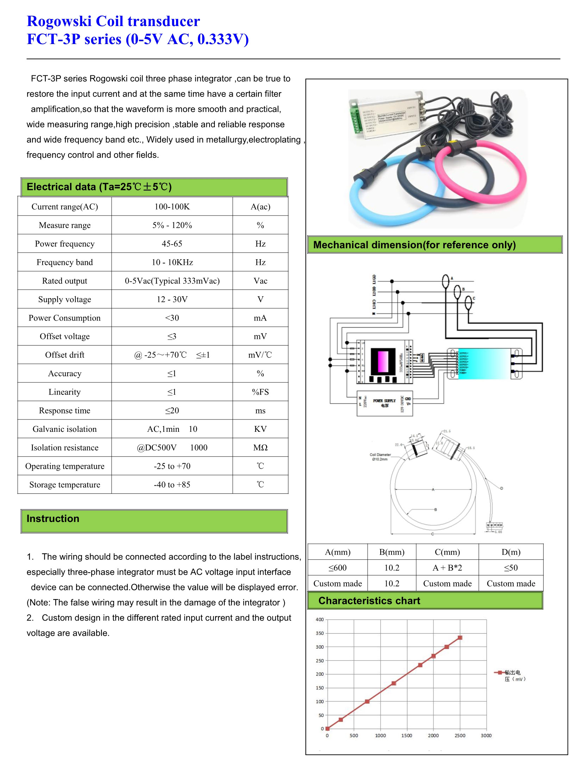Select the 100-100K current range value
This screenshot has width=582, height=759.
pos(172,207)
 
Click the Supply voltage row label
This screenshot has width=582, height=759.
pos(64,299)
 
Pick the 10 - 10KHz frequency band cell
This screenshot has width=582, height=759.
pos(172,262)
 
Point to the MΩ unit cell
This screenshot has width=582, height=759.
pos(260,448)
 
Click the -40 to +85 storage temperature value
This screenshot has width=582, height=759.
pos(172,485)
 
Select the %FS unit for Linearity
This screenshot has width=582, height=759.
pos(260,392)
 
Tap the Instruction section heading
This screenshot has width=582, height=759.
pos(53,519)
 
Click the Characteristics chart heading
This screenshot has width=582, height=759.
pos(369,601)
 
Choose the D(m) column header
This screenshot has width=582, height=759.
pos(511,552)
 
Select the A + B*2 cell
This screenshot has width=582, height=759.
pos(447,568)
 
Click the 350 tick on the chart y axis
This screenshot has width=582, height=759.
pos(319,633)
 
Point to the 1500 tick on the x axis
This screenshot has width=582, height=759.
pos(407,736)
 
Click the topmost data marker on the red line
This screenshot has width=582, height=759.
pos(460,638)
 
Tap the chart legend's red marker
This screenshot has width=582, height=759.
pos(499,673)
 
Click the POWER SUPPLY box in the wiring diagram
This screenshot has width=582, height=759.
pos(384,403)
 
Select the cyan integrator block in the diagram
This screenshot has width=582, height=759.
pos(484,364)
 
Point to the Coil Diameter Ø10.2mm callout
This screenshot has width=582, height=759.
pos(380,457)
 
